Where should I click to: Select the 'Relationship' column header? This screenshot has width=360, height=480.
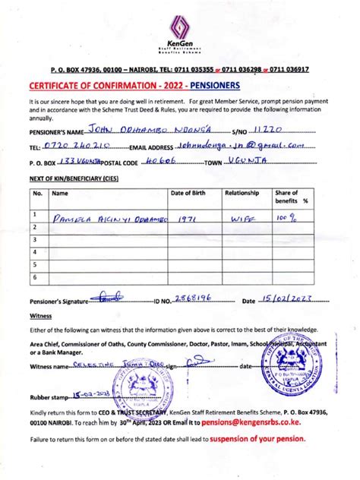242,194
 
